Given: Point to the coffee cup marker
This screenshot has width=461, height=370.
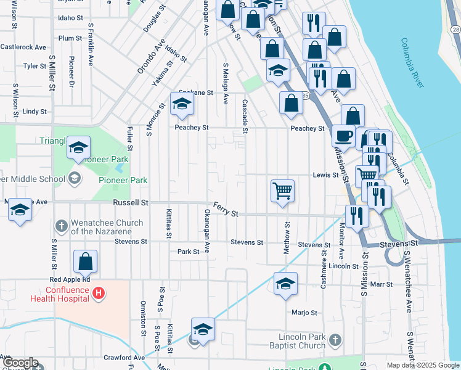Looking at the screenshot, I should [343, 135].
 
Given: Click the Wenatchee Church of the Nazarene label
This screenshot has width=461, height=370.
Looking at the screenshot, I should [107, 227].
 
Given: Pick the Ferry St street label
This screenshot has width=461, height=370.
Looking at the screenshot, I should [226, 210].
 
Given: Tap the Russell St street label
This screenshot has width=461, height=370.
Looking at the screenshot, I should [131, 202].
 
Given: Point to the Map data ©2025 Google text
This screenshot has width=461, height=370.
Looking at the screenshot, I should [423, 365].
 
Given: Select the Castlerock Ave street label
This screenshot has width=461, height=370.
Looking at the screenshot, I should [23, 47].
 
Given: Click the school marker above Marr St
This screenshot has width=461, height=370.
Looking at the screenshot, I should [285, 284].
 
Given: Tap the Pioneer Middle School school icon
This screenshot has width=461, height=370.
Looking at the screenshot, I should [75, 179].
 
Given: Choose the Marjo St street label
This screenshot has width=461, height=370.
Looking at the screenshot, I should [304, 312].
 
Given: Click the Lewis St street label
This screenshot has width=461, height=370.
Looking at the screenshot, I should [327, 175].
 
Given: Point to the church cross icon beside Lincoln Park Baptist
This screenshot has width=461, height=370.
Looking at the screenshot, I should [335, 340].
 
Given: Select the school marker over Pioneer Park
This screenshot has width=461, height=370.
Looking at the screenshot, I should [78, 147].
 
